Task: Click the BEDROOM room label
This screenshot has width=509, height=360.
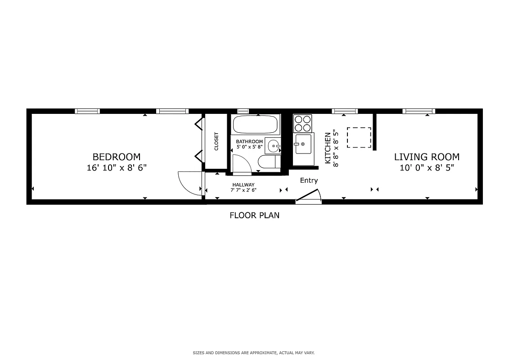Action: [x=116, y=157]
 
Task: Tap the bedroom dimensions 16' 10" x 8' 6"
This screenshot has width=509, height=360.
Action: [x=116, y=168]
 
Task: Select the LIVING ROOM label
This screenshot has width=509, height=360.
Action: [x=427, y=157]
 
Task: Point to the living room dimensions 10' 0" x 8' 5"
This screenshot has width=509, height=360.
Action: [x=427, y=168]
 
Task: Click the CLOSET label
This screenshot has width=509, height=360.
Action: [x=216, y=141]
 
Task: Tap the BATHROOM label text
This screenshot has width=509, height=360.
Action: [x=249, y=142]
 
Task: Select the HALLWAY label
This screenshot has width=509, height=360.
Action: [x=243, y=185]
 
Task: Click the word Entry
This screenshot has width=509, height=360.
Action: [x=309, y=180]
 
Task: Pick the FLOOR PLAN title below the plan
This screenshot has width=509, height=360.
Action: [x=254, y=215]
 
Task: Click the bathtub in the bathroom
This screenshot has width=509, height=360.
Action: [x=256, y=124]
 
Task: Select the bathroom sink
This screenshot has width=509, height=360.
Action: [x=273, y=146]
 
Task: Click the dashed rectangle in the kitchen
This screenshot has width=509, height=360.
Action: [x=359, y=138]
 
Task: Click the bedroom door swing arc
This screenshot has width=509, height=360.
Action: [x=189, y=182]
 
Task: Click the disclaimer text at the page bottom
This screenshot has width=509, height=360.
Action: [x=254, y=353]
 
